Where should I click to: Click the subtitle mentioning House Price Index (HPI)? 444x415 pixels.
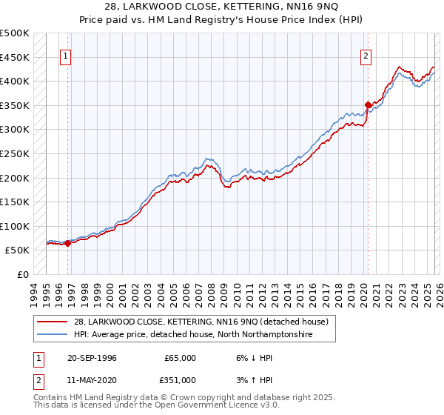point(221,20)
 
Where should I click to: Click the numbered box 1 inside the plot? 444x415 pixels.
point(67,54)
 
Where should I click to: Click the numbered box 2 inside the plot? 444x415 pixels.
point(366,54)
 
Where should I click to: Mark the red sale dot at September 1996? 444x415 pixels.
point(67,243)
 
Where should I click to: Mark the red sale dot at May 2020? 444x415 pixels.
point(368,104)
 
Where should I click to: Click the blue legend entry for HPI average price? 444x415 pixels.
point(192,335)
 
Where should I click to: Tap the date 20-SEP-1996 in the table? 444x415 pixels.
point(98,358)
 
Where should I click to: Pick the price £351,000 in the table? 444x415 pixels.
point(180,379)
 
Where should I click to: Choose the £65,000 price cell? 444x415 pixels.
point(180,358)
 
